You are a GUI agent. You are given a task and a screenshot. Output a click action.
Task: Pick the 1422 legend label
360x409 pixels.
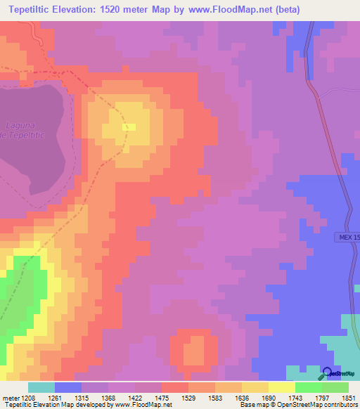pos(122,398)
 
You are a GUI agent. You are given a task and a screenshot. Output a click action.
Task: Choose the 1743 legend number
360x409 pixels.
pos(282,398)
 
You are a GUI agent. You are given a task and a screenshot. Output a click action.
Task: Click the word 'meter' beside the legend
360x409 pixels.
pos(9,398)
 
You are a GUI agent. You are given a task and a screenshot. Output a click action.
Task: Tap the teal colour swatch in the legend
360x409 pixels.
pos(41,387)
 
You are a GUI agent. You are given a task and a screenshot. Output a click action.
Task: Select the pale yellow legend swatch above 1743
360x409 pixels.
pos(282,387)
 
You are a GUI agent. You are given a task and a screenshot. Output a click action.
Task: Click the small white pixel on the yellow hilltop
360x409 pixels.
pos(129,126)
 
